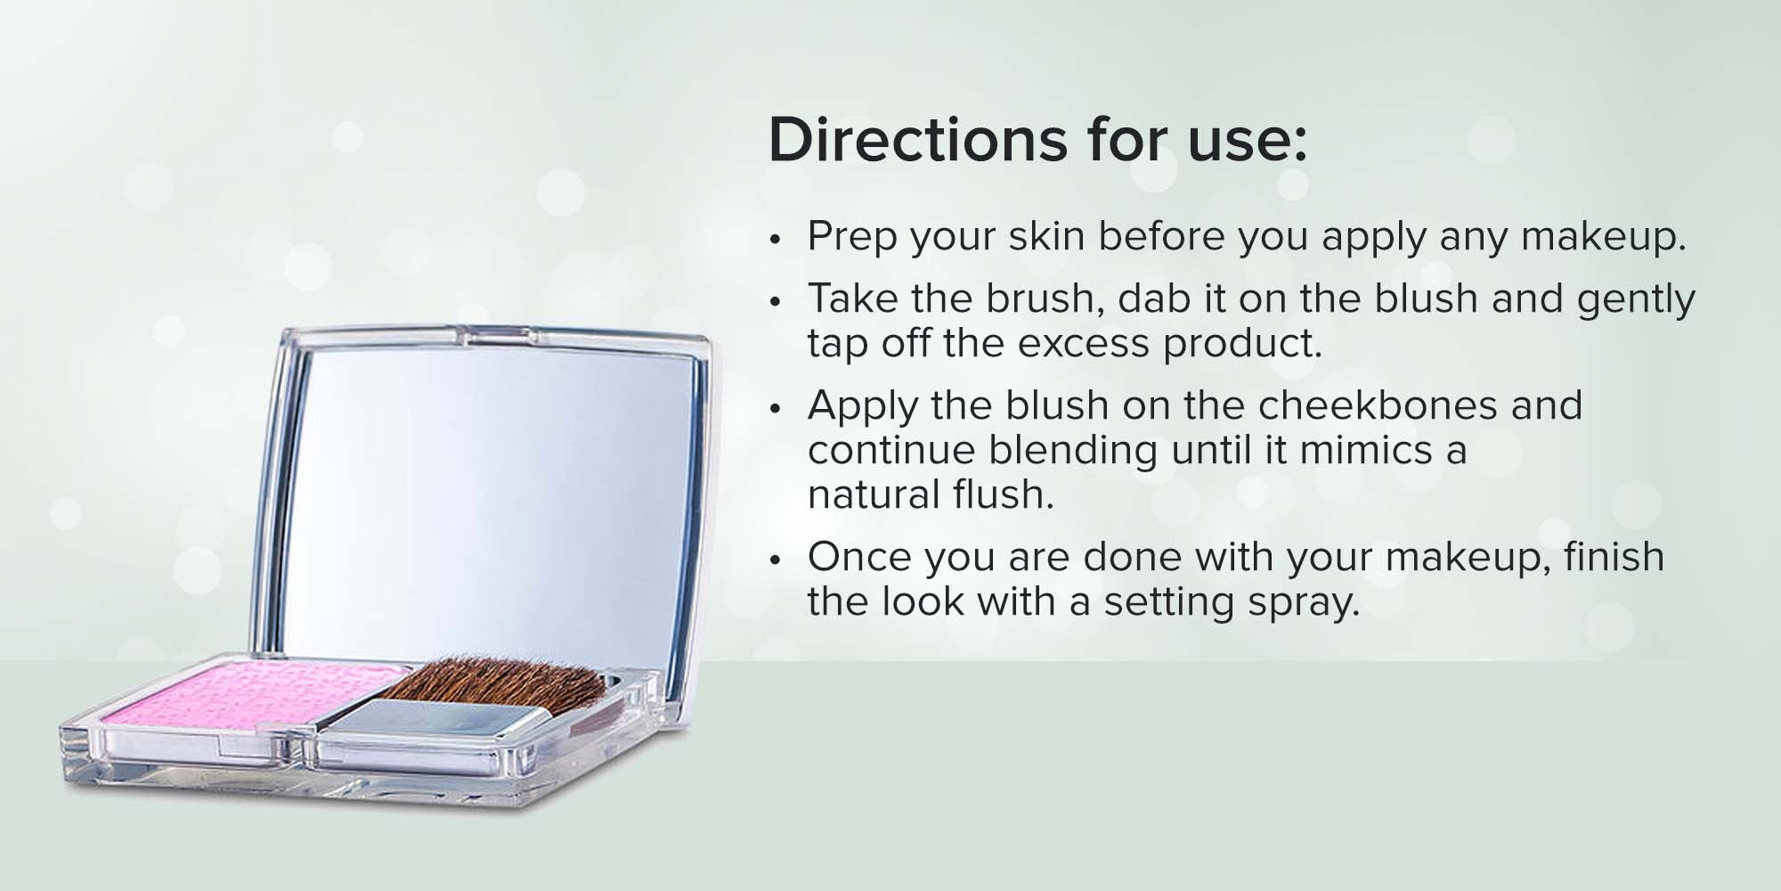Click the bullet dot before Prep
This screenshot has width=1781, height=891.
pyautogui.click(x=776, y=239)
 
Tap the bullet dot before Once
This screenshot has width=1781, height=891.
pyautogui.click(x=776, y=560)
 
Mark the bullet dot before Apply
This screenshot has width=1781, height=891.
pyautogui.click(x=776, y=408)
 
